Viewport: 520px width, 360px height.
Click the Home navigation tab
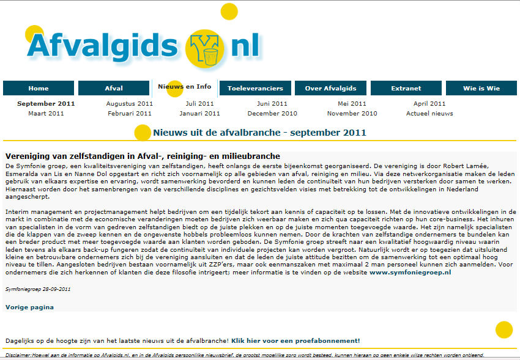point(38,88)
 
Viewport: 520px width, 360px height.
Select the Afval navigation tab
point(114,88)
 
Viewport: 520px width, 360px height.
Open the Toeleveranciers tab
point(255,88)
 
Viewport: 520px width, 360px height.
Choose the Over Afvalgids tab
point(330,88)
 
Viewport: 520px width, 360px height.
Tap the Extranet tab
point(406,88)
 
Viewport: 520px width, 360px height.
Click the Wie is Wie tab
point(481,88)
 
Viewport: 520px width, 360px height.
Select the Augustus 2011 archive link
point(129,104)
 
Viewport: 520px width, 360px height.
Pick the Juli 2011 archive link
point(200,104)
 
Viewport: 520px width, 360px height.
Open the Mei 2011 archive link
point(352,104)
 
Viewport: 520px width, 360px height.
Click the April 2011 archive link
point(429,104)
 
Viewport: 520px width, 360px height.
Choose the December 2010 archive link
point(272,114)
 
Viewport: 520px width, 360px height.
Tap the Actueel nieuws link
point(429,114)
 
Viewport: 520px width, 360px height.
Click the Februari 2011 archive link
point(129,114)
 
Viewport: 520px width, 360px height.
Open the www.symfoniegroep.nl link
point(410,273)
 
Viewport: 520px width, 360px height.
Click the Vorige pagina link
point(29,307)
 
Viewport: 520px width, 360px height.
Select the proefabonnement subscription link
point(295,340)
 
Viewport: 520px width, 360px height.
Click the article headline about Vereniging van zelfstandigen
point(143,156)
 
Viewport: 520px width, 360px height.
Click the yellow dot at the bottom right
point(503,329)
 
